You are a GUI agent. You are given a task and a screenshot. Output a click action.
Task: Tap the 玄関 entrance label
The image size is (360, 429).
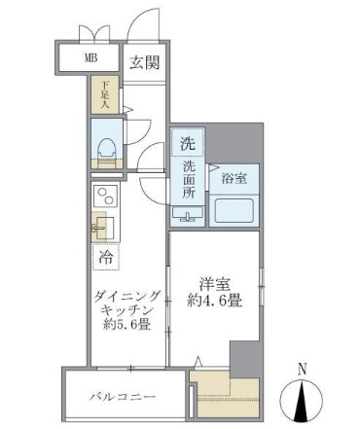pyautogui.click(x=144, y=61)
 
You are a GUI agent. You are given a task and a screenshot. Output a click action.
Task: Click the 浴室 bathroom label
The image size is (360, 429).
pyautogui.click(x=232, y=179)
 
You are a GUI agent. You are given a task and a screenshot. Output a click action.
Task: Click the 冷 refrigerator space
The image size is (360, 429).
pyautogui.click(x=104, y=258)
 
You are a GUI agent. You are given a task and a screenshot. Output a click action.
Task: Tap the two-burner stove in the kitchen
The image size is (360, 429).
pyautogui.click(x=103, y=194)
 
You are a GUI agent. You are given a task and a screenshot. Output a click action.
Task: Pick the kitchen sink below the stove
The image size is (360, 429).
pyautogui.click(x=103, y=228)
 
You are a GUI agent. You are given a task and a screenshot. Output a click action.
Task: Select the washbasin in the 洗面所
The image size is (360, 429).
pyautogui.click(x=187, y=213)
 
